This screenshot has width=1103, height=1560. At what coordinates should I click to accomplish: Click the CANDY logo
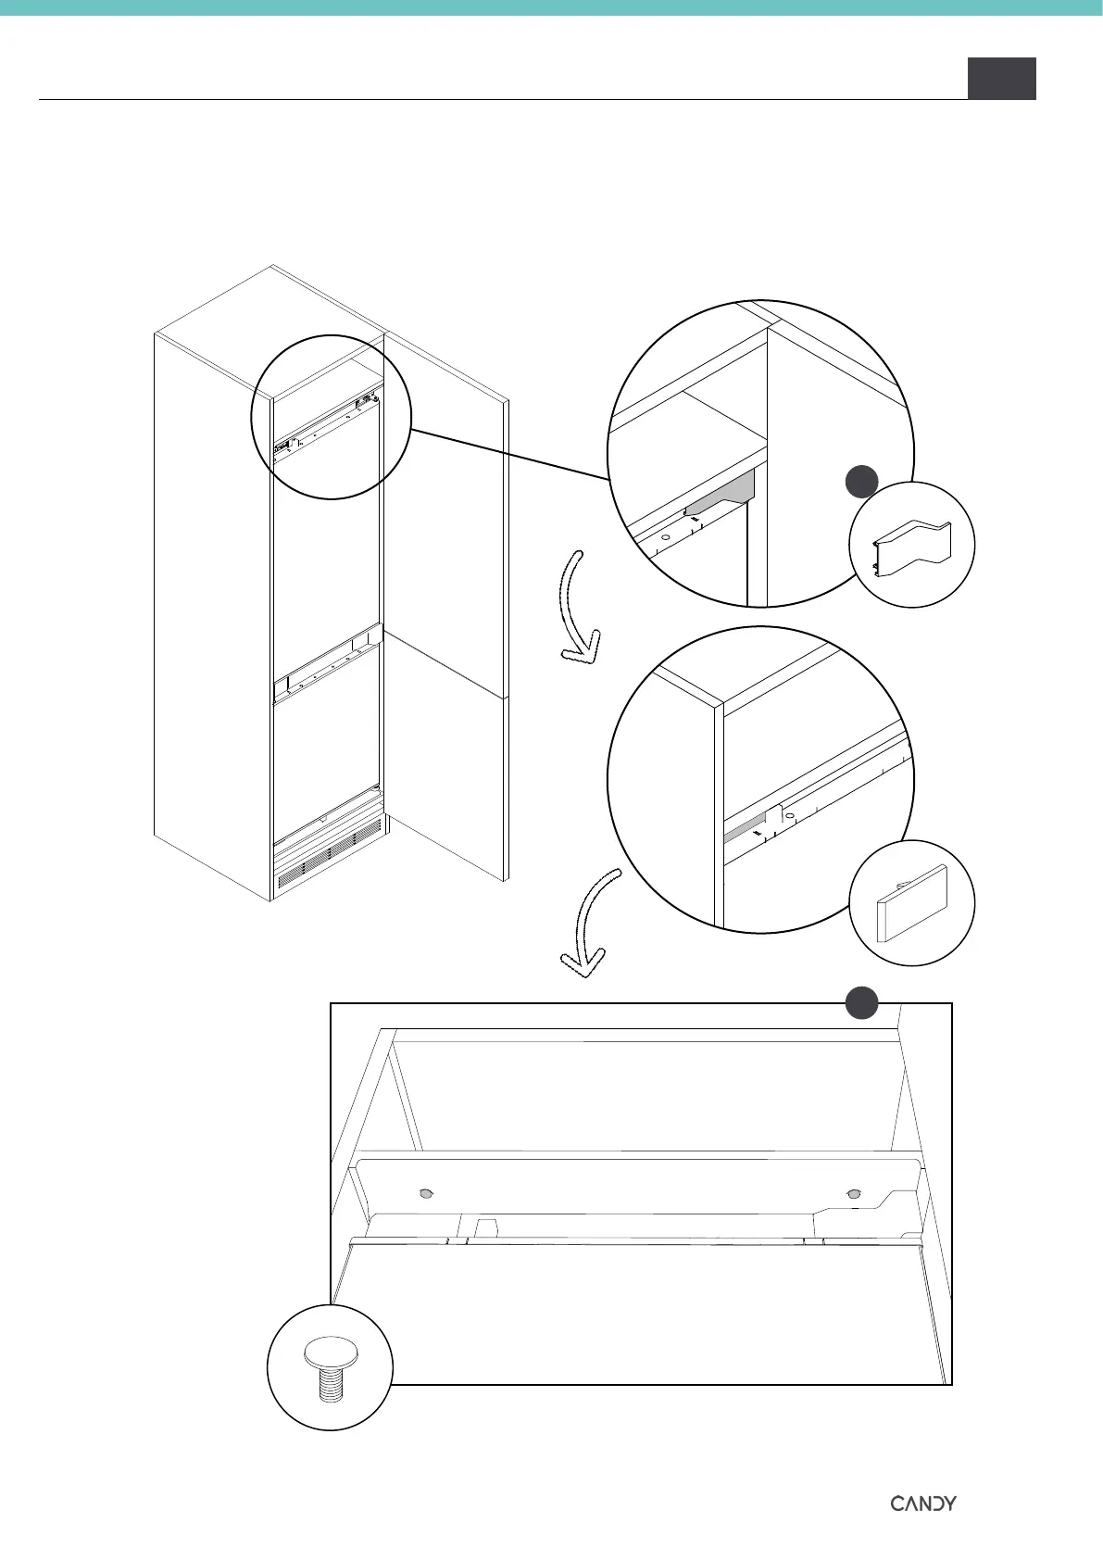[923, 1477]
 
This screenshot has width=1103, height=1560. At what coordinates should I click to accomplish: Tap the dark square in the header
[1001, 78]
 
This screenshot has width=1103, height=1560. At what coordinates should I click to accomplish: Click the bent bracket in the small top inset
[911, 546]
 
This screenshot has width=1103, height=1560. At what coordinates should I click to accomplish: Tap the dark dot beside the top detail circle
[862, 483]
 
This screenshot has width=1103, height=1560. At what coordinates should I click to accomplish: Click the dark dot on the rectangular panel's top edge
[862, 1003]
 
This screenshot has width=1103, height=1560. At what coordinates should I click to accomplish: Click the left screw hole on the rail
[425, 1194]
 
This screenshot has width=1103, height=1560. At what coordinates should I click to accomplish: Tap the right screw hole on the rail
[854, 1193]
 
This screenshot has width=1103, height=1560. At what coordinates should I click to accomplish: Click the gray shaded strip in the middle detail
[746, 828]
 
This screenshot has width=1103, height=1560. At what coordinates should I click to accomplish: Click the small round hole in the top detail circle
[665, 538]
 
